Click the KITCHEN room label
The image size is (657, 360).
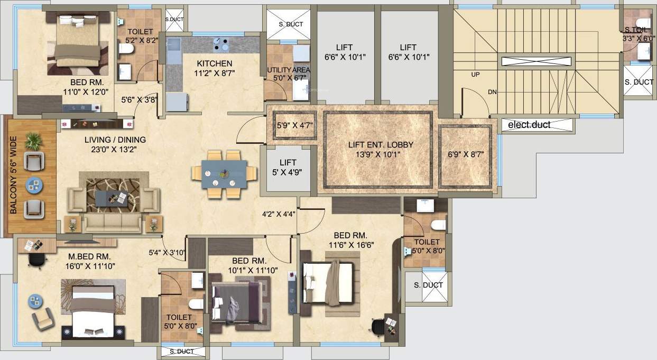(x=214, y=63)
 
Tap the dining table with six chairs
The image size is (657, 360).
(x=224, y=173)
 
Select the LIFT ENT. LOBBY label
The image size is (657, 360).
(x=381, y=144)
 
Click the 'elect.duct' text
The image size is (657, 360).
(x=529, y=125)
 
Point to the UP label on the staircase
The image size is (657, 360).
(x=475, y=75)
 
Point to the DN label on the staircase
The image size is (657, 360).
(x=492, y=92)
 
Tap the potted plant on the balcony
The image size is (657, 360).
(x=34, y=141)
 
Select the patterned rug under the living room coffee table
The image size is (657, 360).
(x=113, y=195)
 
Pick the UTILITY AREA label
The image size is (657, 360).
(x=289, y=70)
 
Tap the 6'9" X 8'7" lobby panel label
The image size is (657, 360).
(x=466, y=154)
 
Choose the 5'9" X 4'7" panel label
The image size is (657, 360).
(x=294, y=126)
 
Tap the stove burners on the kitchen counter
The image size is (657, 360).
(x=221, y=42)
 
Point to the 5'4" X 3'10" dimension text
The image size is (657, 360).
(x=166, y=252)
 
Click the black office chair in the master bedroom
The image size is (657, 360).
(x=35, y=259)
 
